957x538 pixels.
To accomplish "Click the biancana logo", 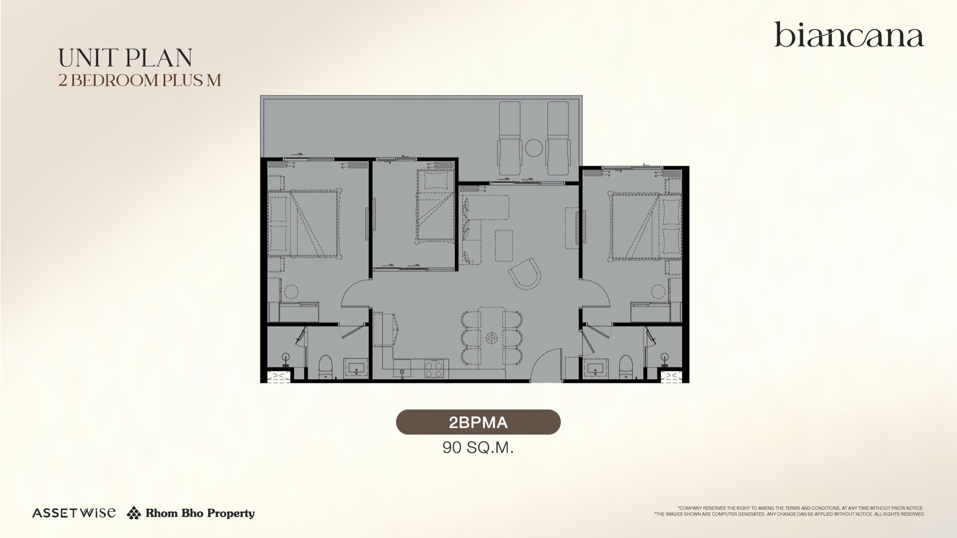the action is [x=849, y=34].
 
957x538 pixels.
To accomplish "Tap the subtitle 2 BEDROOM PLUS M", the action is [x=140, y=80].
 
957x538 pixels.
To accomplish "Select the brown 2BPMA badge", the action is [x=478, y=422].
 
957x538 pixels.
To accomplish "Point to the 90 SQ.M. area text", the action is [x=478, y=447].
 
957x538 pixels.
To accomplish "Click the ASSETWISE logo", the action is [x=74, y=513].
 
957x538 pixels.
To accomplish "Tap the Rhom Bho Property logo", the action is [x=191, y=513].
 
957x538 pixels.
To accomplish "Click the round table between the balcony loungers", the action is [x=533, y=147].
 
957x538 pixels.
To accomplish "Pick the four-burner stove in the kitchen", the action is [x=434, y=369].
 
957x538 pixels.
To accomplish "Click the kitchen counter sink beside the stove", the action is [x=402, y=369].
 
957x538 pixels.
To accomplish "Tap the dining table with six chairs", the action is [x=492, y=337].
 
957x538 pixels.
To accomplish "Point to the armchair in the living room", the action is [x=525, y=274].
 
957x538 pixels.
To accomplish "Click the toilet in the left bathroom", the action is [x=325, y=367].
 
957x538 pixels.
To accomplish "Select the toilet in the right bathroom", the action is [x=626, y=367].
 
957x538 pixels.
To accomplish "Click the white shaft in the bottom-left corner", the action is [x=279, y=377].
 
